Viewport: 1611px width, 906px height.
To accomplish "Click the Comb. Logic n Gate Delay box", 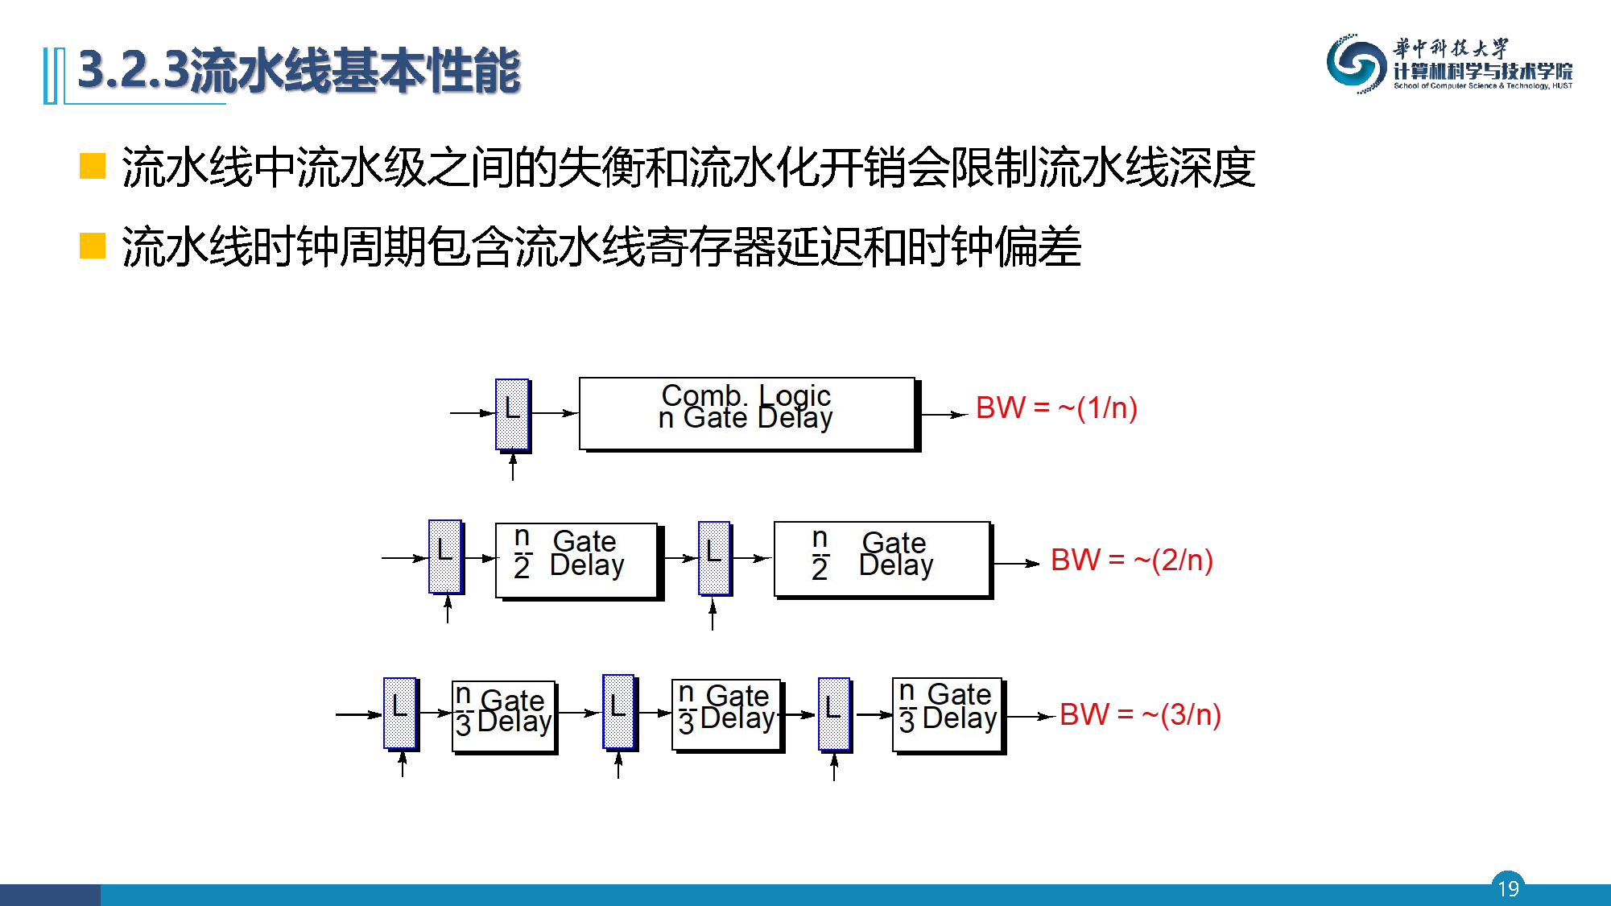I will click(747, 413).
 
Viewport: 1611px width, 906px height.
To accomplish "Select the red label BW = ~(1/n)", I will click(1055, 408).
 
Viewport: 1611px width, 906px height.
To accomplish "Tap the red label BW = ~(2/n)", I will click(1131, 560).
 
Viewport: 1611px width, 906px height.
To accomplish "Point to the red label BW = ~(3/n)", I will click(1140, 714).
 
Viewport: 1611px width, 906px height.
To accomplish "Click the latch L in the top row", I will click(512, 414).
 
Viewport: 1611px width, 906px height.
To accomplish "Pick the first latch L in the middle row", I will click(445, 556).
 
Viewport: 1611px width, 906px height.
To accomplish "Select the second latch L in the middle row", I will click(714, 557).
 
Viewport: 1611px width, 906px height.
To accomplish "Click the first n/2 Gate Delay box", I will click(577, 560).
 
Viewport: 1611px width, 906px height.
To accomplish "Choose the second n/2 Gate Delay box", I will click(882, 559).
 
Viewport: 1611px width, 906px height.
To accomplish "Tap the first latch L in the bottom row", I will click(400, 713).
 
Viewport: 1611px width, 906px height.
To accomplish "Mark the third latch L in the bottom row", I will click(834, 714).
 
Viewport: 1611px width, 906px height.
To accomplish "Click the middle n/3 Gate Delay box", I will click(727, 714).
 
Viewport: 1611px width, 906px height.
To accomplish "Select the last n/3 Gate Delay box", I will click(948, 714).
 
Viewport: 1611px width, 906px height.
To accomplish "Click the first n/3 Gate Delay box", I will click(504, 716).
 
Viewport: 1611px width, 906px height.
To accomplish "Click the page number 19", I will click(1508, 887).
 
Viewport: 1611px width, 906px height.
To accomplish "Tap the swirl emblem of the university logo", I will click(1355, 64).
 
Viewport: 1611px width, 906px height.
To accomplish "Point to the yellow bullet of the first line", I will click(93, 166).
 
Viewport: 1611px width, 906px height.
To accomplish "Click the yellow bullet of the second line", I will click(93, 246).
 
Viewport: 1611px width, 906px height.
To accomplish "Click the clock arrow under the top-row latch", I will click(513, 467).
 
